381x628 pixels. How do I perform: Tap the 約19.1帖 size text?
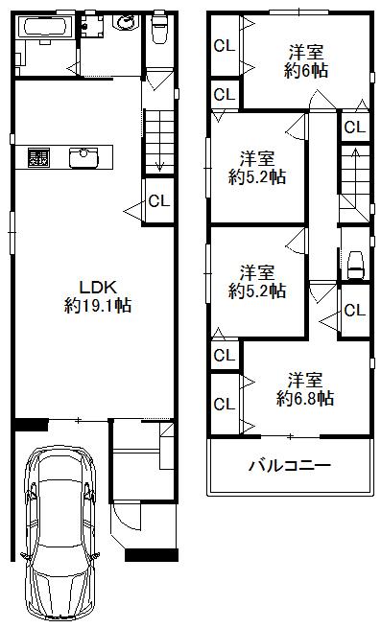pos(98,306)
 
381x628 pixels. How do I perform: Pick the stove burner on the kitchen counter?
pos(39,156)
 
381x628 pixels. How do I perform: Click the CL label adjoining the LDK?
pos(159,200)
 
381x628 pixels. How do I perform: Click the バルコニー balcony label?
pos(289,467)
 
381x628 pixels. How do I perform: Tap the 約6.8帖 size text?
pos(306,396)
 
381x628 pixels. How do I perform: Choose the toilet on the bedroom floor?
pos(354,262)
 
